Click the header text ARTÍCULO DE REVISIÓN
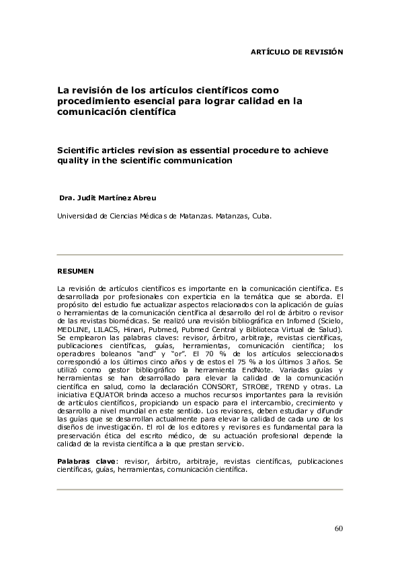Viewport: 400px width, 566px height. point(296,51)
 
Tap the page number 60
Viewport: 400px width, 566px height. point(338,527)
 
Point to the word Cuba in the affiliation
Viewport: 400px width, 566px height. point(262,217)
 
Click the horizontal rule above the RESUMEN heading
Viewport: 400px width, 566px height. point(200,255)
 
